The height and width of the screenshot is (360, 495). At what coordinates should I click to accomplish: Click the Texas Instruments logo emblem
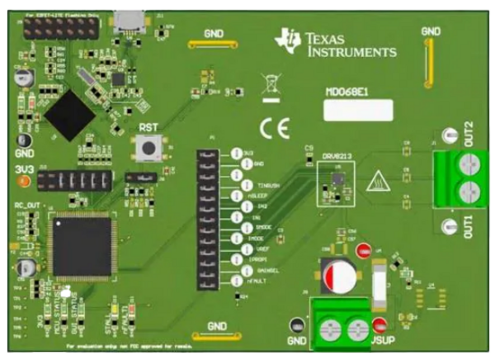pos(289,40)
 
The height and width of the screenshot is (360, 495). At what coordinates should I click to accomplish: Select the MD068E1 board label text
pos(346,92)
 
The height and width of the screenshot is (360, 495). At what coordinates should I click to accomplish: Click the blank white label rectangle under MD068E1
pos(357,111)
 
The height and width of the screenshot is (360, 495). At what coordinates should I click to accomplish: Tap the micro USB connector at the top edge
pos(129,18)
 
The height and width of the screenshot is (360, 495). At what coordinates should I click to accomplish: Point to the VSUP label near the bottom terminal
pos(380,340)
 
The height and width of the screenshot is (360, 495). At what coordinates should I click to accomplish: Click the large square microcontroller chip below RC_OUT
pos(81,244)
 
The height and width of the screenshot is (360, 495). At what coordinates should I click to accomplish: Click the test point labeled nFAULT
pos(236,281)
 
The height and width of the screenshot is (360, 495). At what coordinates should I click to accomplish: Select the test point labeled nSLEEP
pos(236,196)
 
